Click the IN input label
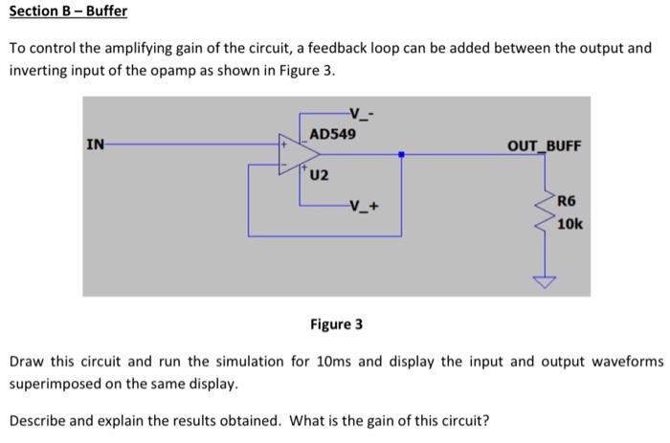pos(95,145)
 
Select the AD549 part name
pos(333,134)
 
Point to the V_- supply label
pos(362,112)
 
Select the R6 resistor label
pos(567,202)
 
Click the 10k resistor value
pos(569,224)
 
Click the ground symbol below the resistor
pos(546,281)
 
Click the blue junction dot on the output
pos(401,154)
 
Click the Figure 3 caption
pos(336,324)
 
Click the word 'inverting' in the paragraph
pos(37,72)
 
